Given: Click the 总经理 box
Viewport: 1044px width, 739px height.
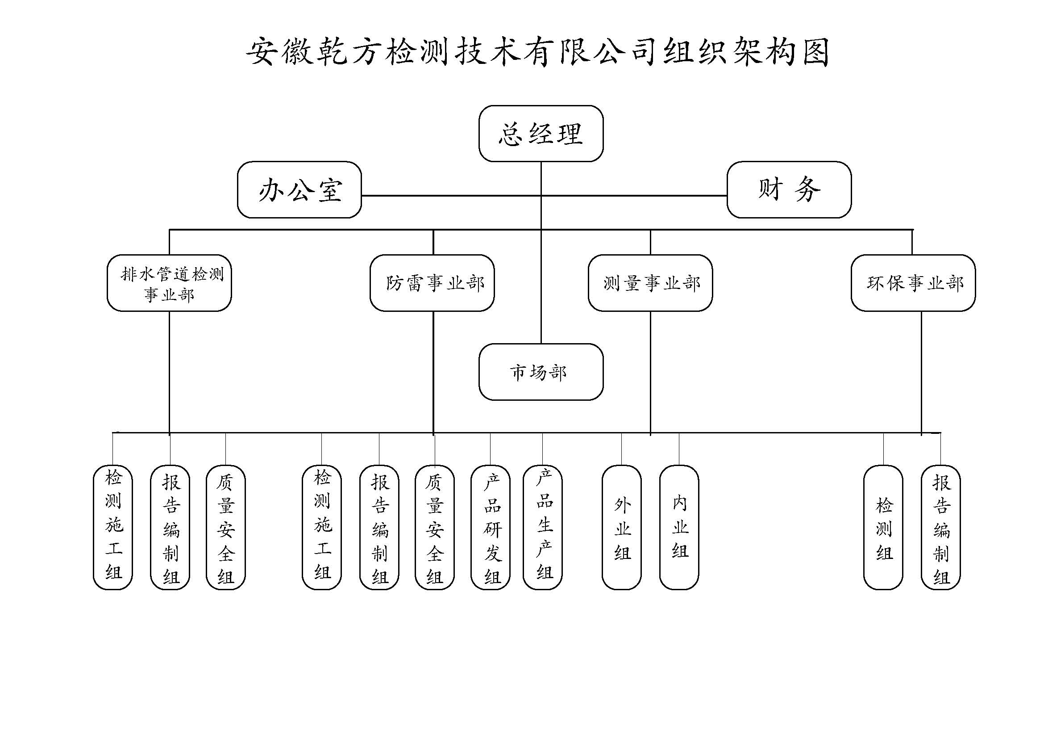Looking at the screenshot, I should coord(541,133).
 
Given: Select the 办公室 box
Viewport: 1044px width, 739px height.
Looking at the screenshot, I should coord(299,189).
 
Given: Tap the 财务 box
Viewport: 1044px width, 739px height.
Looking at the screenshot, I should coord(789,189).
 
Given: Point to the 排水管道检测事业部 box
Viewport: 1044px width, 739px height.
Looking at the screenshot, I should coord(169,283).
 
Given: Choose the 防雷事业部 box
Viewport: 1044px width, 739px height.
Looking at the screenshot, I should coord(432,283).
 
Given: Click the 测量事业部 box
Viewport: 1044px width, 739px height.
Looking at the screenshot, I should coord(650,283).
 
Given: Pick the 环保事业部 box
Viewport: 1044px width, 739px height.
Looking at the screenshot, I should coord(913,283).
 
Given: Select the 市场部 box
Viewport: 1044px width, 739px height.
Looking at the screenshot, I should coord(541,372).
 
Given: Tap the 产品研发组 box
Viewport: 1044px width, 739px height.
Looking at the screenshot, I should coord(490,527).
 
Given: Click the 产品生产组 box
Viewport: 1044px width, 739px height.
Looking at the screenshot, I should coord(542,527).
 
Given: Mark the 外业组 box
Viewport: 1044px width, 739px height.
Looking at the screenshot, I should coord(622,527).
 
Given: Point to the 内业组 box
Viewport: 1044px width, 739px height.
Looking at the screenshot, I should coord(679,527).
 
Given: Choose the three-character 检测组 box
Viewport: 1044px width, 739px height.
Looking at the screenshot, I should coord(883,527).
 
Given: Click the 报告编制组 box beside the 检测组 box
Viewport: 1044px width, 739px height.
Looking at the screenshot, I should coord(940,527).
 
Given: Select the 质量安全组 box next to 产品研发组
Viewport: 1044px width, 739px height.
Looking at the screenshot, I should coord(435,527).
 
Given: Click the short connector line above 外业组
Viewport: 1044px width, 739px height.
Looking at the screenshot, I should coord(622,449).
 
